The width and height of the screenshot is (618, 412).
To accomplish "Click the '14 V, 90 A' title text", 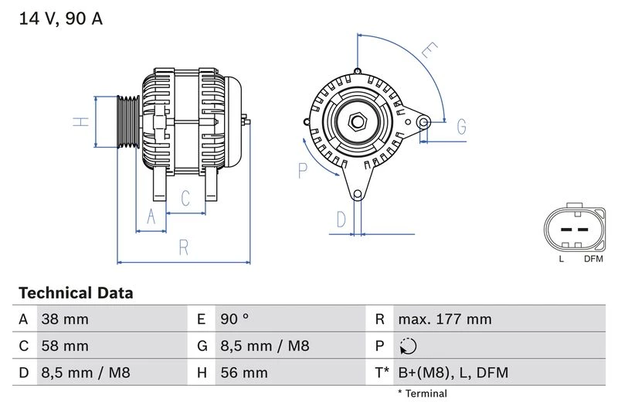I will point(60,19).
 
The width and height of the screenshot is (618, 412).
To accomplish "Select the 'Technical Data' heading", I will point(76,293).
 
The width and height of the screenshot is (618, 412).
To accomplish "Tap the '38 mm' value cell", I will point(65,319).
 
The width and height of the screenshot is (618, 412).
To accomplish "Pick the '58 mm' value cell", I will point(65,346).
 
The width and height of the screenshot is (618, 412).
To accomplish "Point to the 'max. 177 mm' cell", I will point(444,319).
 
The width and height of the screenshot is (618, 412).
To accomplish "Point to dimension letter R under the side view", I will point(183,247).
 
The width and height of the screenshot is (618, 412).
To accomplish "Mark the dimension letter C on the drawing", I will point(185,199).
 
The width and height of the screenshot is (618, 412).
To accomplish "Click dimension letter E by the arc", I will point(429,52).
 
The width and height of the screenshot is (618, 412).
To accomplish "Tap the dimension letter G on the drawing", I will point(460,126).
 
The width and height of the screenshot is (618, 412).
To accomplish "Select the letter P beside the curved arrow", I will point(303,169).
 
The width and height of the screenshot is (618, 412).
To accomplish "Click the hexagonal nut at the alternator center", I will point(357,122).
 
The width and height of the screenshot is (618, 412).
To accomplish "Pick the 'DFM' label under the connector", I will point(593,258).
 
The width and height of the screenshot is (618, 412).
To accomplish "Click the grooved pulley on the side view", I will point(126,122).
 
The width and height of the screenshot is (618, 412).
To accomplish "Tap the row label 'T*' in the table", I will point(382,373).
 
